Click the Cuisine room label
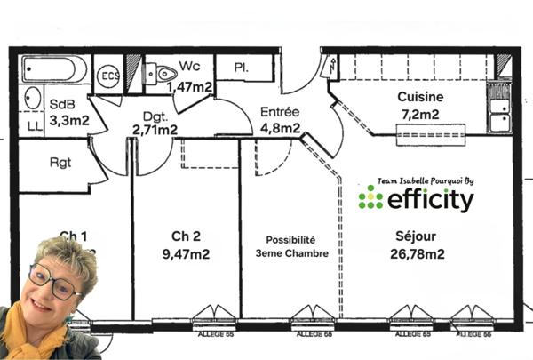tap(420, 97)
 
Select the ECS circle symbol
tap(107, 75)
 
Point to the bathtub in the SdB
tap(55, 69)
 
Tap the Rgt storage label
tap(60, 163)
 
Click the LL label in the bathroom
tap(35, 127)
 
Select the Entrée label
tap(279, 112)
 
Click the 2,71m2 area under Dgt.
tap(155, 130)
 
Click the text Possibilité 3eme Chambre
tap(291, 246)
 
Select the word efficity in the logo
tap(430, 200)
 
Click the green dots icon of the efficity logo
tap(370, 198)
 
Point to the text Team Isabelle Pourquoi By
tap(426, 180)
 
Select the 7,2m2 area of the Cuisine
tap(420, 114)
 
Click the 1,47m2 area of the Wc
tap(189, 86)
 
